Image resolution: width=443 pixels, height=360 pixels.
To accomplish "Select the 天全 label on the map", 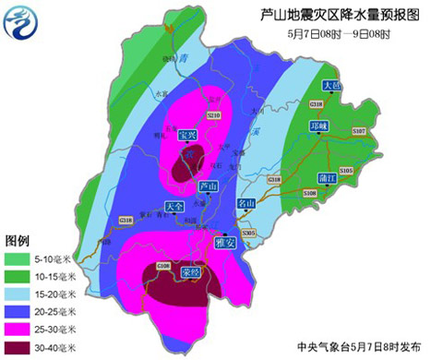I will [174, 205].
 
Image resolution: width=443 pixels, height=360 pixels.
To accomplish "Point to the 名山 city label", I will [245, 202].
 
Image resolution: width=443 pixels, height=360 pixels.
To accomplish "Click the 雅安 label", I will [223, 243].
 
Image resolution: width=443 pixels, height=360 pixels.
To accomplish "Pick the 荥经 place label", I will [191, 273].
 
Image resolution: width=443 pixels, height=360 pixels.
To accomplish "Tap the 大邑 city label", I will [332, 86].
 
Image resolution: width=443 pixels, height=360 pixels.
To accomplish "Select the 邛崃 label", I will [319, 126].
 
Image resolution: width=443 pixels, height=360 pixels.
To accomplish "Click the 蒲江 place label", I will [324, 175].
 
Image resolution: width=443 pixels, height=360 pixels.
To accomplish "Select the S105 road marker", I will [346, 171].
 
